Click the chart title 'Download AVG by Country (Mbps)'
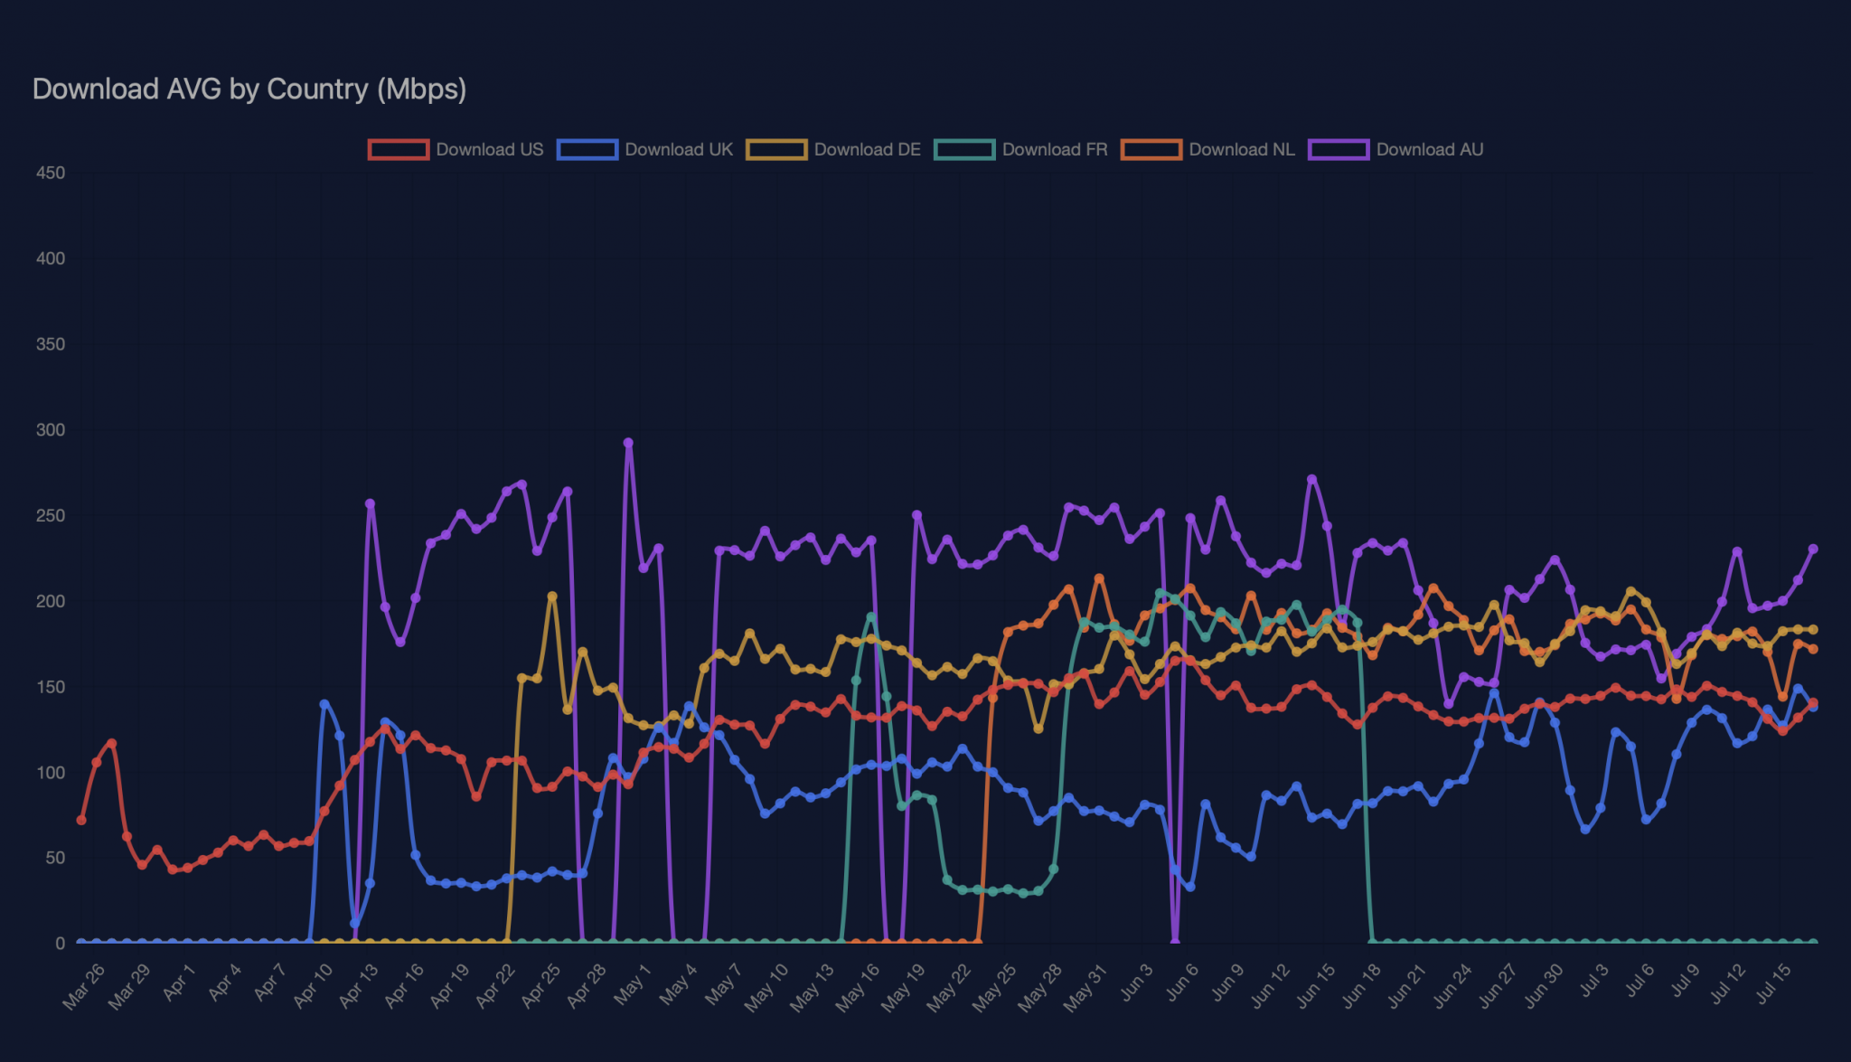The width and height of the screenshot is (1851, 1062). [x=249, y=89]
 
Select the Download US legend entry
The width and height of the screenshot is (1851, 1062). [x=456, y=150]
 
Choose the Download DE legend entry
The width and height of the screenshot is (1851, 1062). [x=833, y=150]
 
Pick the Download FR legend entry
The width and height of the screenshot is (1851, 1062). [x=1021, y=150]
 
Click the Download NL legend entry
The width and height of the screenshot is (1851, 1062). [x=1208, y=150]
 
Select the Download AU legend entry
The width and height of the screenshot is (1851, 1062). [x=1396, y=150]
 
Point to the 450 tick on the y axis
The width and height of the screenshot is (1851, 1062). [x=51, y=173]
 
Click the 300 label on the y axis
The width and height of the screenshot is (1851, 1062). [x=51, y=430]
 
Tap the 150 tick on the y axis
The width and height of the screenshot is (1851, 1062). [x=51, y=687]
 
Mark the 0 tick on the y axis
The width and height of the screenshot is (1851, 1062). [x=60, y=944]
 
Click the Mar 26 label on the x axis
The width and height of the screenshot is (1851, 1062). [x=84, y=986]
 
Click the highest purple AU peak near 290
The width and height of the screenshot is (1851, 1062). [x=628, y=443]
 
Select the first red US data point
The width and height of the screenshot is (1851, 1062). [x=81, y=820]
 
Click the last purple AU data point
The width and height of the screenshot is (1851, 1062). [x=1812, y=549]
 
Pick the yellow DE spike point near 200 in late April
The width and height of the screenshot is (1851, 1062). [x=552, y=597]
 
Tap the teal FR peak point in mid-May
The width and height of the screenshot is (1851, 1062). [x=871, y=617]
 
